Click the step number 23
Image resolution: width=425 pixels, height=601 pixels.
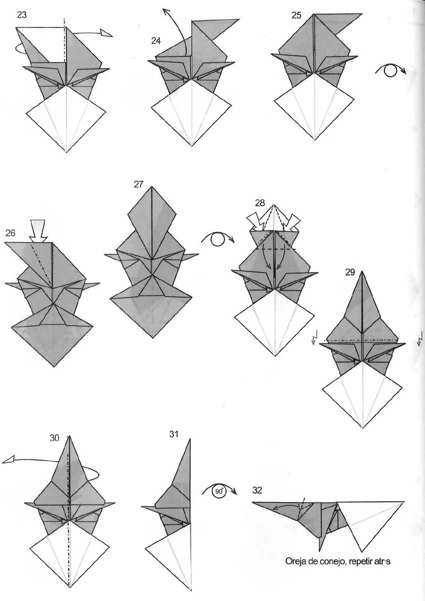click(22, 15)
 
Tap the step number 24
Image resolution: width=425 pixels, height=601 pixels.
click(156, 41)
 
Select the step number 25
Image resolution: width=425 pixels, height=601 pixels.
click(297, 15)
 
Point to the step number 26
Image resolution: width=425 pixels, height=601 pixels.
click(10, 233)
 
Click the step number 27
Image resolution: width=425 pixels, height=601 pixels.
click(139, 184)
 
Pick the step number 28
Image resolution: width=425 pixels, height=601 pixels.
click(260, 203)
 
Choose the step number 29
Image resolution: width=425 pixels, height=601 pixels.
click(350, 272)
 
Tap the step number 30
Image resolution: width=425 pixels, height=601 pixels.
click(54, 438)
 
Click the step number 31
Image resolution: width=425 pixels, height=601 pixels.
click(174, 434)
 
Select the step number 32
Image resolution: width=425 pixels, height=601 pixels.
click(257, 490)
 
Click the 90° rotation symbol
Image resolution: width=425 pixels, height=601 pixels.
click(219, 491)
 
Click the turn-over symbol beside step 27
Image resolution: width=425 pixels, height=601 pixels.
click(218, 239)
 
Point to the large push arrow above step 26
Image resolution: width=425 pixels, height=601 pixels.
click(39, 231)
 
